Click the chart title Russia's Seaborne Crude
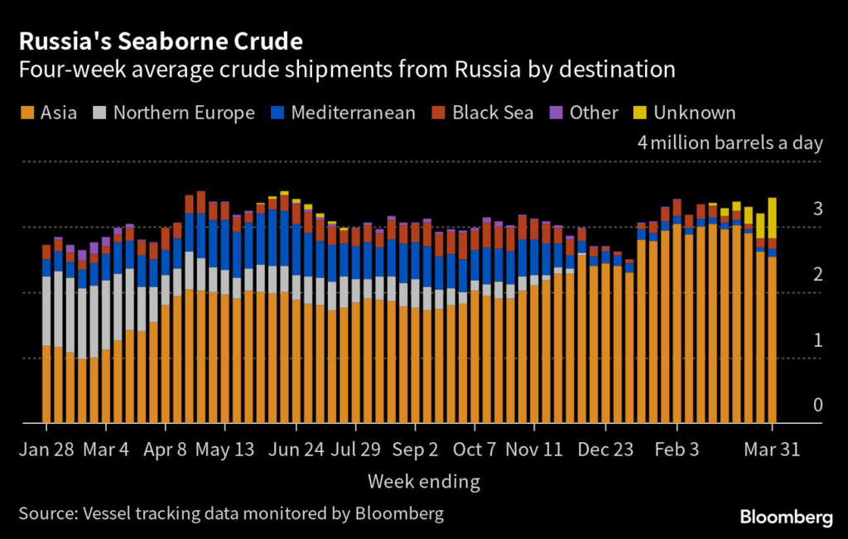[161, 41]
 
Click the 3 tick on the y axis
[817, 209]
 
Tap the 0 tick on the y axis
[817, 406]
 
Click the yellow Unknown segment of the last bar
[773, 217]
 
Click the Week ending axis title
[423, 481]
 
